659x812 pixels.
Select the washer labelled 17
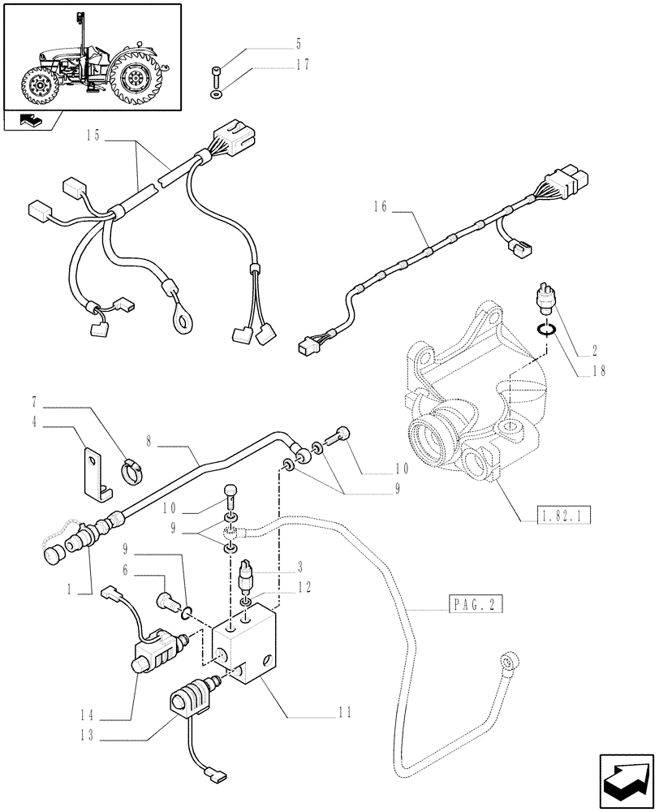point(218,96)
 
